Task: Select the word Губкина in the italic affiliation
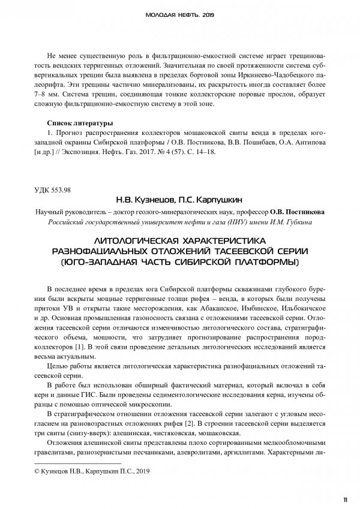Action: tap(308, 222)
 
